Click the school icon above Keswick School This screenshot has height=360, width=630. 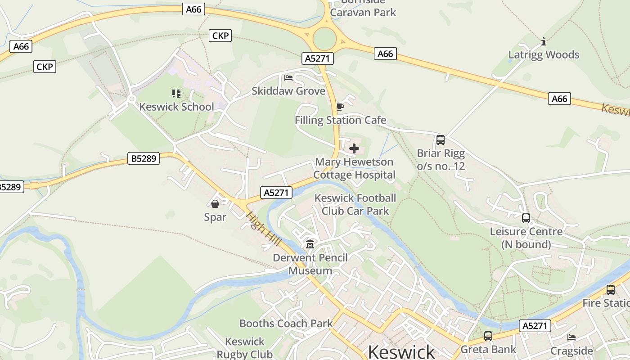tap(176, 94)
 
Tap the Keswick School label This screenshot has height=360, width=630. tap(176, 107)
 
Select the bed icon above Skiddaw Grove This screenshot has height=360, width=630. tap(288, 78)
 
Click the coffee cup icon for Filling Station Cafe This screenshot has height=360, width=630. tap(340, 107)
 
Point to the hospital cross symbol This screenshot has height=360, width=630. tap(354, 148)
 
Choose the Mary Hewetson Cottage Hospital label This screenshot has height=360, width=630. tap(354, 168)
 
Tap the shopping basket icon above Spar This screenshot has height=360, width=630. tap(215, 204)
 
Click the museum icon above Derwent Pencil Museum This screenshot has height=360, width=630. tap(310, 244)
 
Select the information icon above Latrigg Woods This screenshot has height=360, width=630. tap(544, 42)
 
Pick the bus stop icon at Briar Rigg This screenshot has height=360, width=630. tap(441, 140)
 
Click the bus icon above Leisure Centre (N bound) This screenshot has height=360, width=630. tap(526, 218)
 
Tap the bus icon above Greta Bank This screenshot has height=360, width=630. tap(488, 336)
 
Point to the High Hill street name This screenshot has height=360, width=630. tap(263, 229)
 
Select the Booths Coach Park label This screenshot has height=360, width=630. tap(286, 324)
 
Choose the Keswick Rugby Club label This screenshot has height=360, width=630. tap(245, 348)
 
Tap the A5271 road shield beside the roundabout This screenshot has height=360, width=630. tap(317, 58)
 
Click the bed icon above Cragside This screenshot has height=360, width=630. tap(571, 337)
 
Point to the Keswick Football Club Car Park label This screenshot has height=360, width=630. tap(355, 204)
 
